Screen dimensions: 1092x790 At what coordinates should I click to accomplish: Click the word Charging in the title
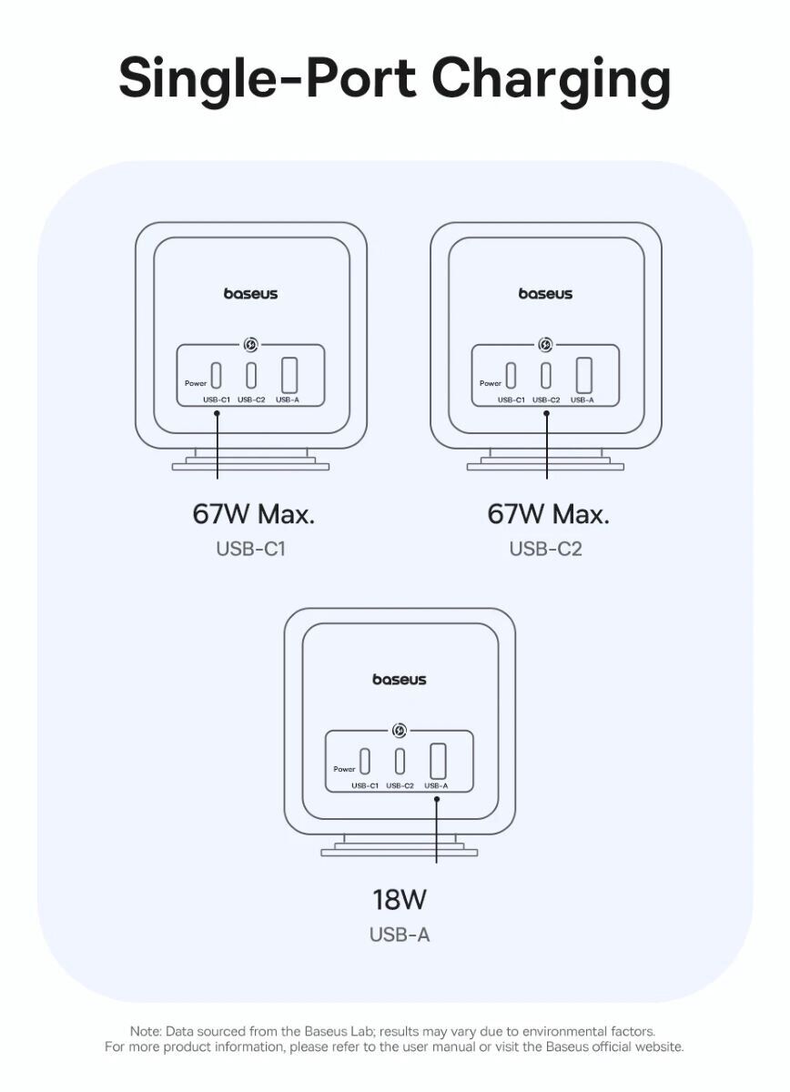[x=551, y=79]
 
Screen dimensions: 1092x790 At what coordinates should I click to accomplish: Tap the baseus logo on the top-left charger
[x=251, y=294]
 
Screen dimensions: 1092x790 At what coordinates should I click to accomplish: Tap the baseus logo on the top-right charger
[x=546, y=294]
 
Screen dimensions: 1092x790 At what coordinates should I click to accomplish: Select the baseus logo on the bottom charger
[x=400, y=680]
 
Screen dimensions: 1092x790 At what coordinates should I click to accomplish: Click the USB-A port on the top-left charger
[x=289, y=374]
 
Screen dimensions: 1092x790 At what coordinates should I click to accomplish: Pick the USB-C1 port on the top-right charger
[x=511, y=374]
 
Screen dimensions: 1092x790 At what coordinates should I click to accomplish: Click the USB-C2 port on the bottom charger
[x=400, y=760]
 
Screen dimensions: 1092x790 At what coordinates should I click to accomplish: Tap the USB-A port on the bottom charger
[x=437, y=759]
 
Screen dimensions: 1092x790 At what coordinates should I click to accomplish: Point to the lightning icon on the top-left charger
[x=251, y=344]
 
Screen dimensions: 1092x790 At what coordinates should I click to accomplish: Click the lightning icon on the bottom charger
[x=400, y=730]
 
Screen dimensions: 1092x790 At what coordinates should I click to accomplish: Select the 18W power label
[x=400, y=900]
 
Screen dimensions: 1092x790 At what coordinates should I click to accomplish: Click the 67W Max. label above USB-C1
[x=253, y=514]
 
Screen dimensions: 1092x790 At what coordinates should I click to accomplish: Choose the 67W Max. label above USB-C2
[x=548, y=514]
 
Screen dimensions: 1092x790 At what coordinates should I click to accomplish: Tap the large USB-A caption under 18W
[x=400, y=935]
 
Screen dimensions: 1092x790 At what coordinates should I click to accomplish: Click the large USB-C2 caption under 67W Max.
[x=546, y=549]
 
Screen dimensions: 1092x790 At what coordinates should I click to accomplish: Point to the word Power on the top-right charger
[x=491, y=384]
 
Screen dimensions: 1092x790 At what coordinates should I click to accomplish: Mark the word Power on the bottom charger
[x=344, y=770]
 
